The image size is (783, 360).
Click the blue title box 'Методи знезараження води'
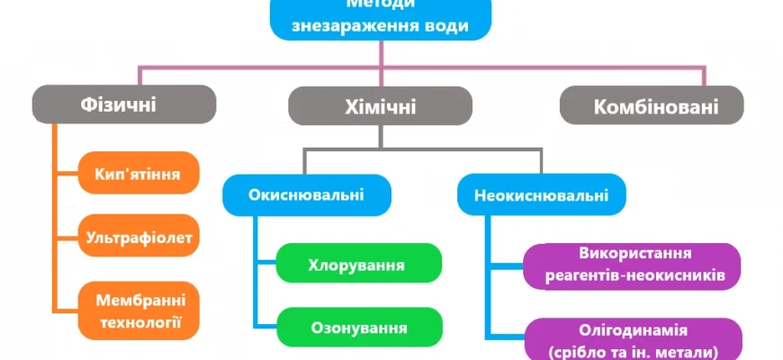click(382, 19)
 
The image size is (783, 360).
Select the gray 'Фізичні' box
click(124, 104)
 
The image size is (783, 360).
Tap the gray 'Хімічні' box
click(381, 106)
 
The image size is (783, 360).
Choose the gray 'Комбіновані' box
click(652, 106)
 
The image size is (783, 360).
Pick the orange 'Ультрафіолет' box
click(139, 238)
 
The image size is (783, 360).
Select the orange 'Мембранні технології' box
click(139, 309)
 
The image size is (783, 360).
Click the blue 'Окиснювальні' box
click(307, 194)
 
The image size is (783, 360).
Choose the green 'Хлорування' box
click(358, 265)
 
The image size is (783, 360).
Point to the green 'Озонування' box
click(358, 328)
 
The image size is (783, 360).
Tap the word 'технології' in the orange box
click(139, 320)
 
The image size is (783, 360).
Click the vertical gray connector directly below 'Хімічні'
click(381, 137)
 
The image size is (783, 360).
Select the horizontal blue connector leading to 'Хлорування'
click(265, 264)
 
